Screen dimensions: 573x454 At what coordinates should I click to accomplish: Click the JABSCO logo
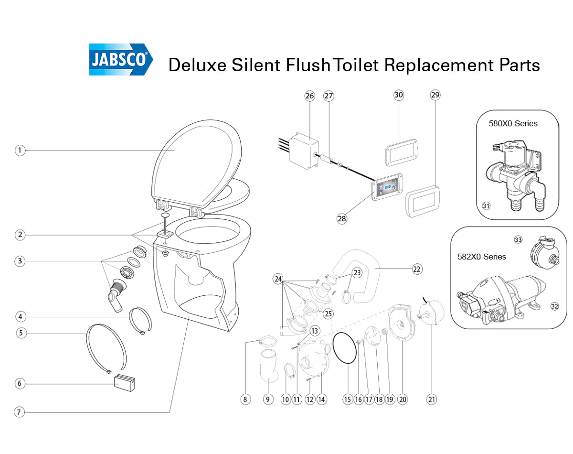tap(121, 59)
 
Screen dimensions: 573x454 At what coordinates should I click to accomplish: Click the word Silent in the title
tap(255, 65)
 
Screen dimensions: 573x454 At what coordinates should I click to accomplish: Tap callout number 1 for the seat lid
tap(20, 151)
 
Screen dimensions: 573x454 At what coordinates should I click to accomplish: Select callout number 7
tap(19, 412)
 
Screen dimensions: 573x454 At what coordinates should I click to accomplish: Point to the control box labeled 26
tap(304, 151)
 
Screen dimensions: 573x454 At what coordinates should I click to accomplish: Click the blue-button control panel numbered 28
tap(387, 187)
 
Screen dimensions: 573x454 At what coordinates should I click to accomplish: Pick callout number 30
tap(399, 95)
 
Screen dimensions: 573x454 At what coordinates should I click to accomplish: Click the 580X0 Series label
tap(513, 123)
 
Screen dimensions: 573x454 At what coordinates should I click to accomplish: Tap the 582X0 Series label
tap(481, 257)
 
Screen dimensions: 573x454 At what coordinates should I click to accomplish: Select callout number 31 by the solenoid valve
tap(486, 206)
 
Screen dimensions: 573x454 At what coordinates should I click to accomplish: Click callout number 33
tap(518, 239)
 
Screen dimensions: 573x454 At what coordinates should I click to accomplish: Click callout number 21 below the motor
tap(432, 400)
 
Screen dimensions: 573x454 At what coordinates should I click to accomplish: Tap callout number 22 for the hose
tap(417, 269)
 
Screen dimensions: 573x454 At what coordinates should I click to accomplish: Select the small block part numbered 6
tap(124, 383)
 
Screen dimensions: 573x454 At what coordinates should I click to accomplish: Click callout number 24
tap(278, 279)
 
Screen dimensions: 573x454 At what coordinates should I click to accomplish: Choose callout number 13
tap(315, 331)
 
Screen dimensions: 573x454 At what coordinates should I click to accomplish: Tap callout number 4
tap(20, 317)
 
